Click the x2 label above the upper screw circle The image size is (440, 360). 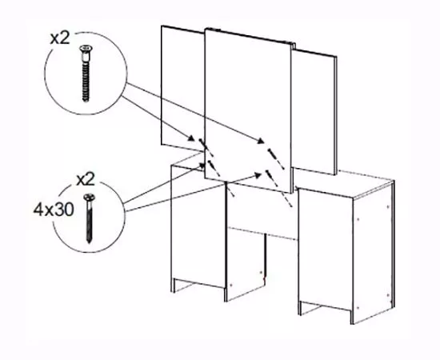pos(60,38)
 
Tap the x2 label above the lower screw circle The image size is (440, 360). pos(86,179)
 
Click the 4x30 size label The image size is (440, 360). pos(54,210)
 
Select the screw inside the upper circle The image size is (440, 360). pos(86,73)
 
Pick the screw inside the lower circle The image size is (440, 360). pos(90,218)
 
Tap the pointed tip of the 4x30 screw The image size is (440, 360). pos(90,241)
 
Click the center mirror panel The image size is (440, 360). pos(247,110)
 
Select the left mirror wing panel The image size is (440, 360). pos(182,87)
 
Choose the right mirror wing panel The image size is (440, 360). pos(314,112)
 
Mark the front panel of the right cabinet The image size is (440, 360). pos(325,250)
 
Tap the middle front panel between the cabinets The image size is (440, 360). pos(262,211)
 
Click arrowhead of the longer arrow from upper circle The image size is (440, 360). pos(261,141)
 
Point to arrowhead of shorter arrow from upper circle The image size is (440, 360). pos(191,138)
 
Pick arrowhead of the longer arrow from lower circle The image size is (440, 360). pos(258,175)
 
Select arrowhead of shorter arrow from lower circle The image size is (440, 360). pos(202,166)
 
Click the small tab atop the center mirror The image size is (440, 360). pos(217,29)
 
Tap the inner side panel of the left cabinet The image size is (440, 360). pos(246,264)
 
